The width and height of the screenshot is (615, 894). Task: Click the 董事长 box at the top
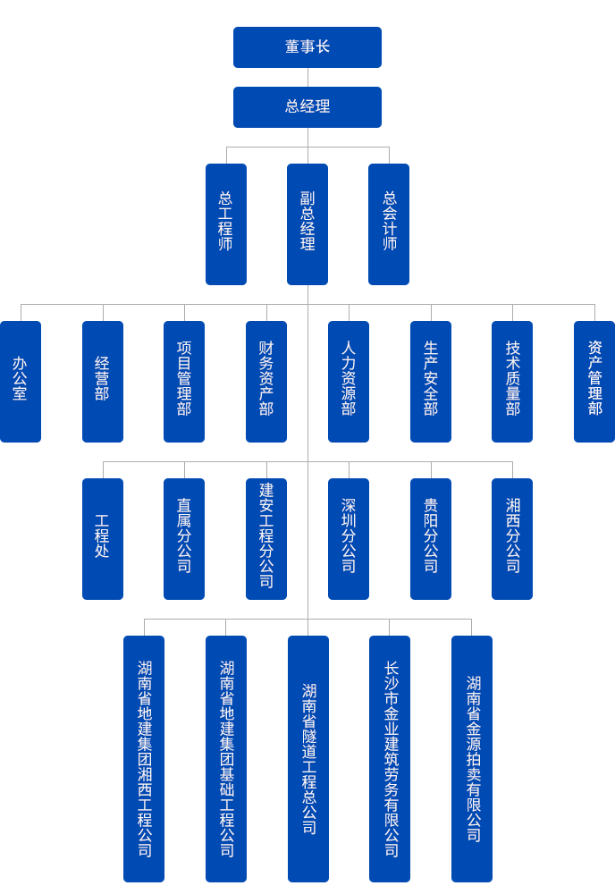307,47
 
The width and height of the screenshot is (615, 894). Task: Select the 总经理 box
307,107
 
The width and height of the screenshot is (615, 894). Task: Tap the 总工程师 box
225,223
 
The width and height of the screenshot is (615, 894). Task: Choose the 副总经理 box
307,223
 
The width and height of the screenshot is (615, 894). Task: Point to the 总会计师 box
389,223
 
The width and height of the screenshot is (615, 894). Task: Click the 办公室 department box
21,381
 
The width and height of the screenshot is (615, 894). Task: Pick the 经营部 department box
102,381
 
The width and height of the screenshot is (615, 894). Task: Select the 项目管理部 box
184,381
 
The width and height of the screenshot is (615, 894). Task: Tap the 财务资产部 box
265,381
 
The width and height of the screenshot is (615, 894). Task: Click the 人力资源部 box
348,381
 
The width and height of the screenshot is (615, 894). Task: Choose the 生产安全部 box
430,381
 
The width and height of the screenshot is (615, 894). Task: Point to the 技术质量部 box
512,381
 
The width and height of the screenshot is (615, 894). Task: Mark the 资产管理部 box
594,381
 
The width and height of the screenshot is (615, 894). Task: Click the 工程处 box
102,538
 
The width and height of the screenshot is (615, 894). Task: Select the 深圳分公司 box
348,538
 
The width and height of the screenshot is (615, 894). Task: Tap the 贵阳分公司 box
430,538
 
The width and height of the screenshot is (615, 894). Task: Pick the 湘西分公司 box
512,538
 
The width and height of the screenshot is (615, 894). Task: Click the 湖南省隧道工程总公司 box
307,758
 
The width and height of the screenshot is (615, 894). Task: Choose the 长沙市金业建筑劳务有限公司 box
389,758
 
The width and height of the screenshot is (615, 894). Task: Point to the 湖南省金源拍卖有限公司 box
471,758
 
